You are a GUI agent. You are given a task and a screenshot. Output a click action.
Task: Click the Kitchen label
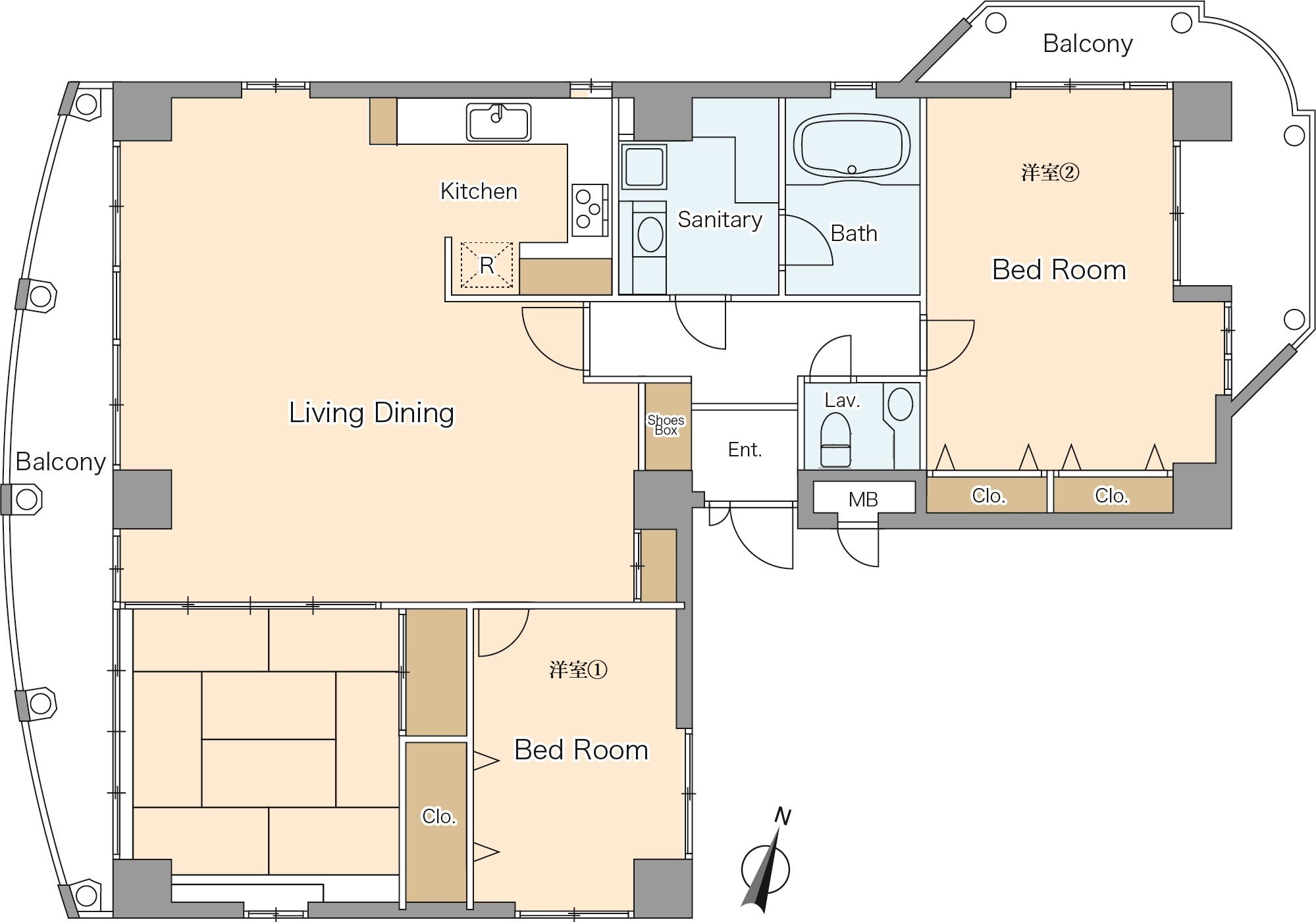point(479,191)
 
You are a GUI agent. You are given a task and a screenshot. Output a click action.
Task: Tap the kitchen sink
point(499,122)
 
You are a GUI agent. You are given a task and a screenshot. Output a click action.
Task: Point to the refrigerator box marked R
point(487,265)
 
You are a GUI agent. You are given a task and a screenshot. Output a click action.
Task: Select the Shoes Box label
point(666,425)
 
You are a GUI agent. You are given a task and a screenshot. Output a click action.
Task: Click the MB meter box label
point(863,499)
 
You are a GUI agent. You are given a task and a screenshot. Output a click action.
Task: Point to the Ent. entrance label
point(745,450)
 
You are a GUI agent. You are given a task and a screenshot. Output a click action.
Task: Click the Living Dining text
point(371,413)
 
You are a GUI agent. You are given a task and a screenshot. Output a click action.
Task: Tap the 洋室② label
point(1050,173)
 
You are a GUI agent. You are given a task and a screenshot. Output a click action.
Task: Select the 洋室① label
point(578,670)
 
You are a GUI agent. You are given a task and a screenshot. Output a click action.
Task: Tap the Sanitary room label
point(720,219)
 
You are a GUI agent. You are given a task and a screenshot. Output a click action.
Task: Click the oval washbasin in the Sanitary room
point(650,234)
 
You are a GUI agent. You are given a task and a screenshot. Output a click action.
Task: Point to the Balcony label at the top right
point(1088,43)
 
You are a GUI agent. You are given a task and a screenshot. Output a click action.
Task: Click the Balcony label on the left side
point(61,462)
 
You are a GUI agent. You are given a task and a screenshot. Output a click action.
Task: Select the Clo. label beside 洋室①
point(438,817)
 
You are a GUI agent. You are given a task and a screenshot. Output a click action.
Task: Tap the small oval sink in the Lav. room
point(900,404)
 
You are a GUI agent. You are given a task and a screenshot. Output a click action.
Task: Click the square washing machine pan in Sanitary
point(643,167)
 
